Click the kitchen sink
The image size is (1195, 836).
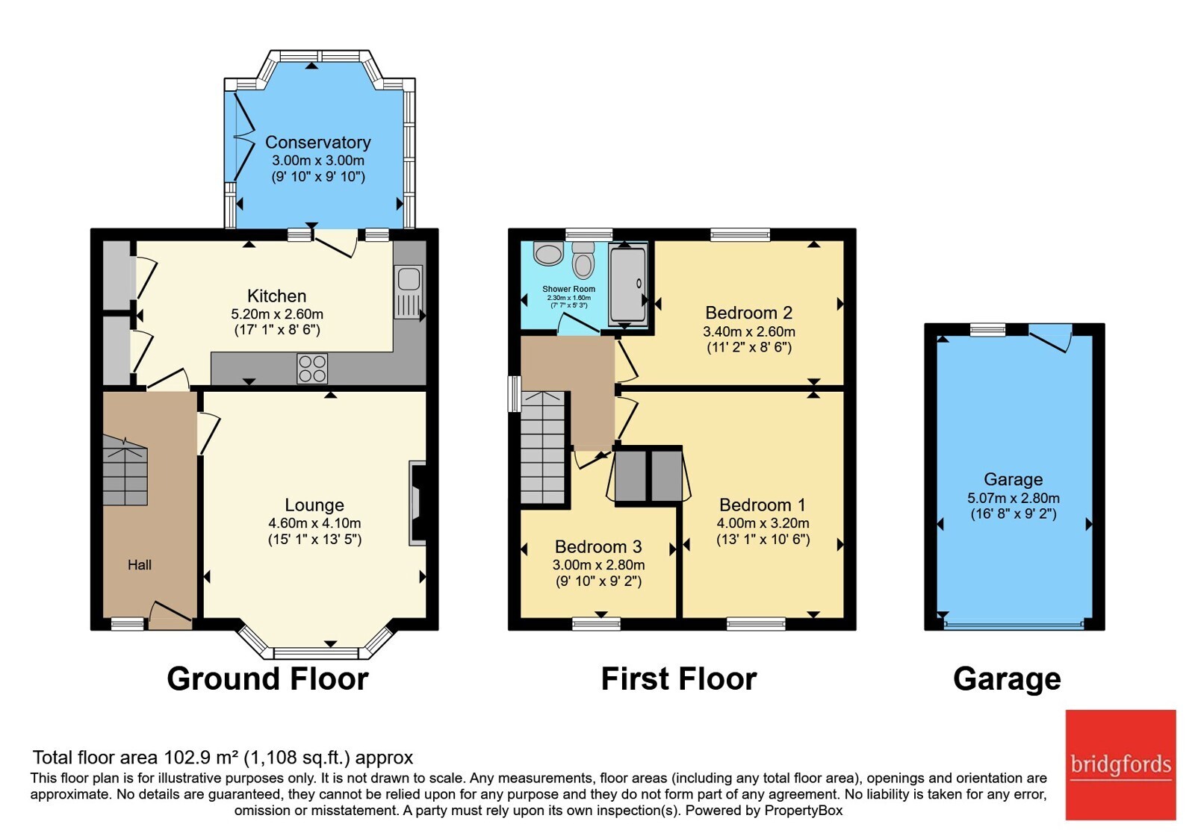point(409,292)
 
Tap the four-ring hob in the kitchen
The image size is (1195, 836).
point(312,369)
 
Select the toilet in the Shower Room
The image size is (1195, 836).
point(583,261)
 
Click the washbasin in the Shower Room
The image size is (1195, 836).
point(548,253)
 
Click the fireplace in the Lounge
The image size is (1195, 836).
point(418,503)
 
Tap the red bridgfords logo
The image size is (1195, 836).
point(1121,765)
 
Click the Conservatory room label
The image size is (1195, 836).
point(318,143)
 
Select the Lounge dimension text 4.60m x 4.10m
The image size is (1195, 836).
point(314,523)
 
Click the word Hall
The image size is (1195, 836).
point(140,564)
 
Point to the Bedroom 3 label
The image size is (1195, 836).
point(598,546)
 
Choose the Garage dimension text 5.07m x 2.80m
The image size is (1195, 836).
point(1014,499)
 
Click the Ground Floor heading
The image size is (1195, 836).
point(268,679)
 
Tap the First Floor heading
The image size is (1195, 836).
point(679,679)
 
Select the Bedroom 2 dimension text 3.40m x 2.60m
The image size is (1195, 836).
point(749,331)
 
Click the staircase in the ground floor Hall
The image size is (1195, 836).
point(125,470)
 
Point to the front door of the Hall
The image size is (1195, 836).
point(170,616)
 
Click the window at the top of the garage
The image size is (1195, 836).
point(987,329)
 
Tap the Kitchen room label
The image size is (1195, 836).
point(277,296)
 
